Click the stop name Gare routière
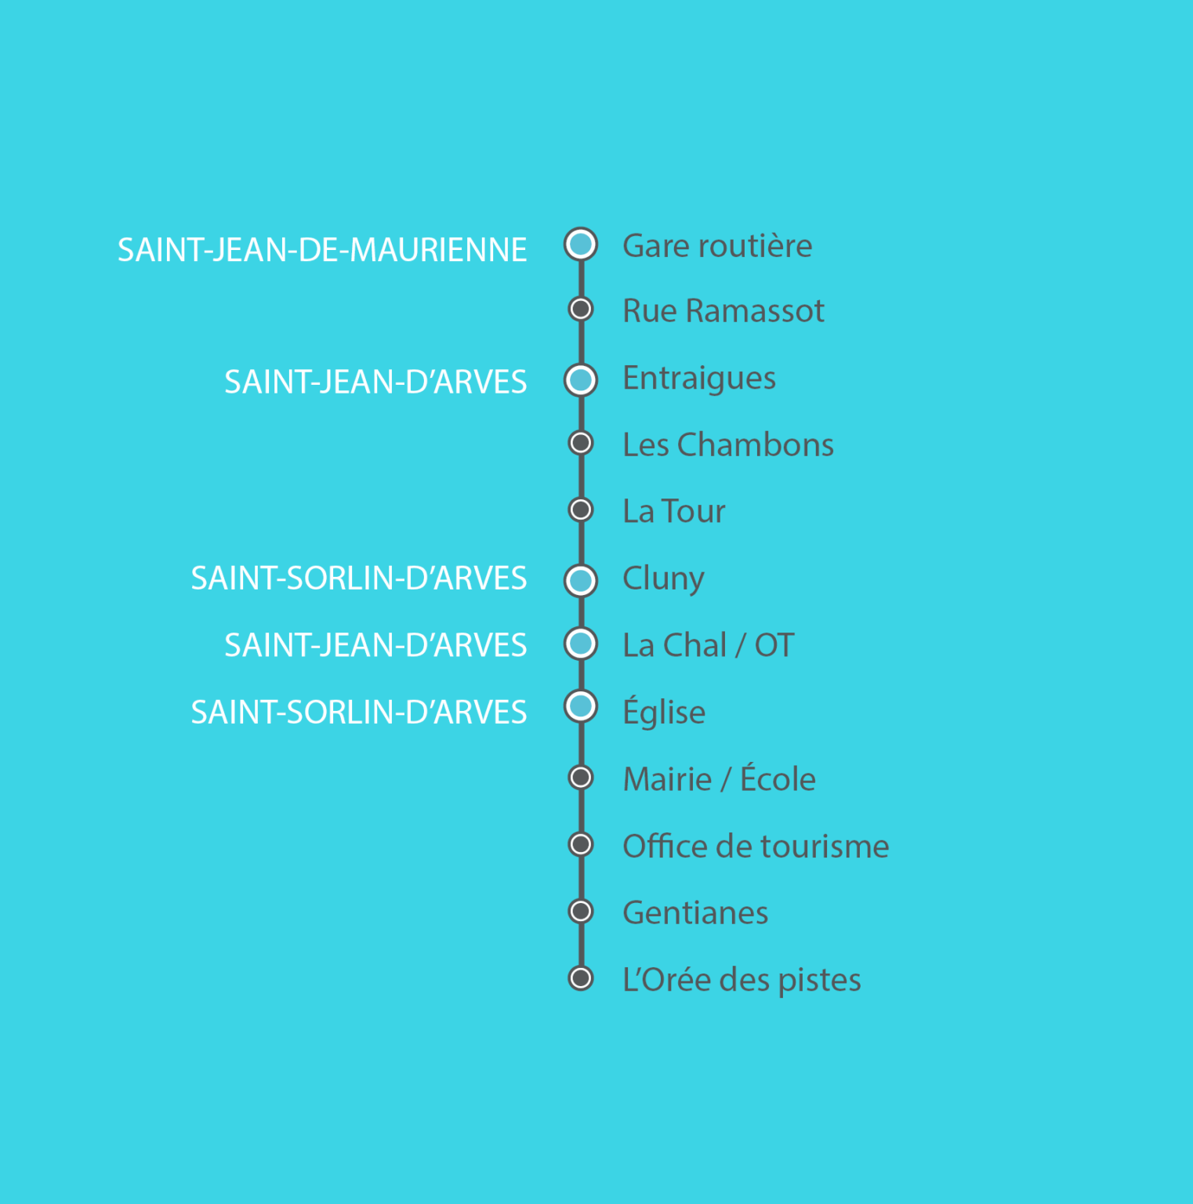pyautogui.click(x=717, y=246)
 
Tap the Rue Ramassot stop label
pyautogui.click(x=723, y=311)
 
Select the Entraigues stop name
pyautogui.click(x=699, y=379)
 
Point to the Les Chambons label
pyautogui.click(x=728, y=444)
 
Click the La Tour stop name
pyautogui.click(x=674, y=511)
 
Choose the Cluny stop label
pyautogui.click(x=664, y=579)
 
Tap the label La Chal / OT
pyautogui.click(x=709, y=645)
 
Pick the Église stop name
pyautogui.click(x=664, y=712)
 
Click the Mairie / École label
pyautogui.click(x=720, y=778)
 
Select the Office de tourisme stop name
pyautogui.click(x=756, y=847)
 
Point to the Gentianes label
pyautogui.click(x=695, y=913)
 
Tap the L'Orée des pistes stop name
pyautogui.click(x=742, y=980)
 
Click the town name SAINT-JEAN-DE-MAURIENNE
pyautogui.click(x=322, y=250)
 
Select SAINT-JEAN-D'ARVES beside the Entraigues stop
pyautogui.click(x=375, y=382)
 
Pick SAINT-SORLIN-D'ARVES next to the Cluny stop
pyautogui.click(x=359, y=578)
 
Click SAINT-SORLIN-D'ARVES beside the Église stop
pyautogui.click(x=359, y=712)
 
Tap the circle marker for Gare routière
pyautogui.click(x=581, y=245)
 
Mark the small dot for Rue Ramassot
pyautogui.click(x=581, y=309)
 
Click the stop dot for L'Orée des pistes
pyautogui.click(x=581, y=978)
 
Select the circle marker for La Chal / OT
pyautogui.click(x=581, y=644)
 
